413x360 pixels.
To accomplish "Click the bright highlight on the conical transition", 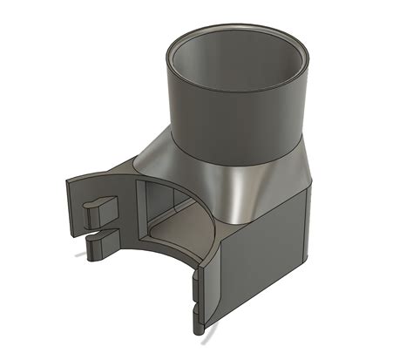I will pyautogui.click(x=234, y=187).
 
